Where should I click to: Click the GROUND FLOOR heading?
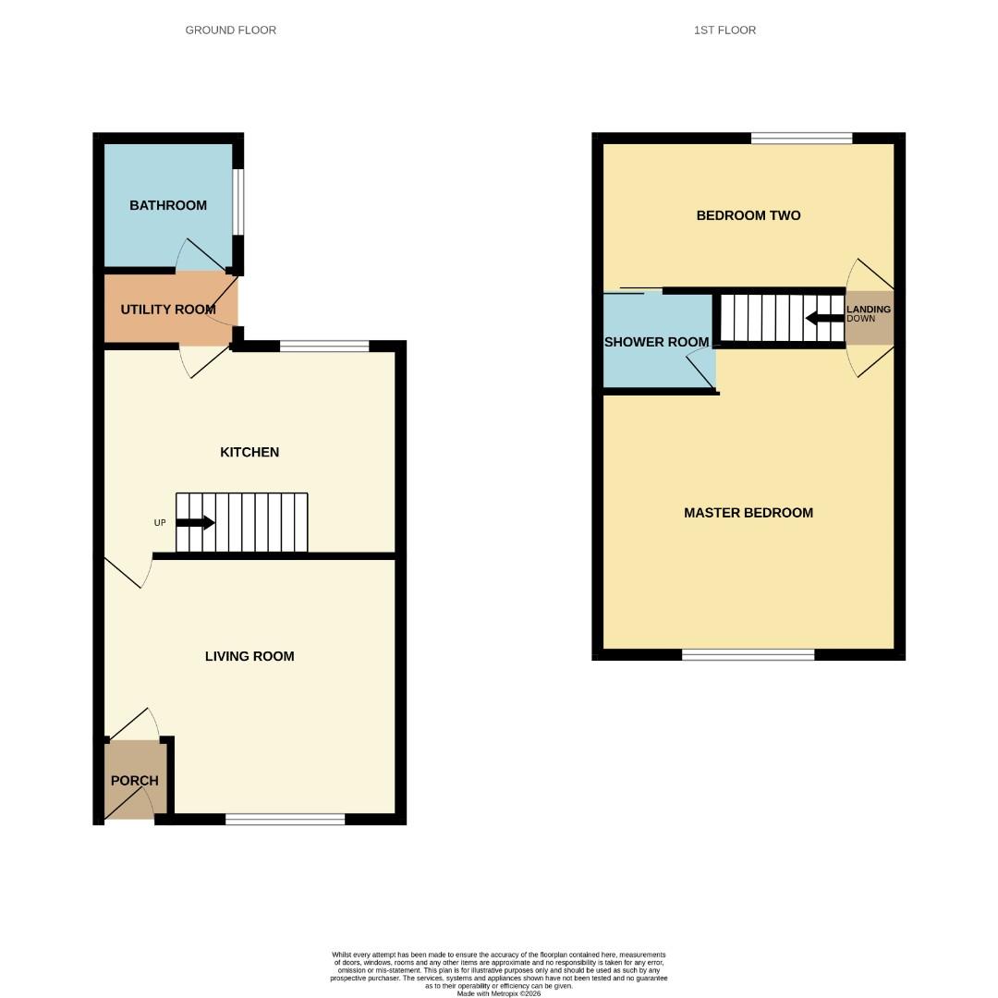point(230,30)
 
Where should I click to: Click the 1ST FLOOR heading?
point(724,30)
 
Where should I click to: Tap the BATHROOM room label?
point(168,205)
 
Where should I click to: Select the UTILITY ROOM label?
point(168,310)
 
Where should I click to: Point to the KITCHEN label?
point(249,452)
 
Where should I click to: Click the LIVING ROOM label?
point(249,656)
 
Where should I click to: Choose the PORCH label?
point(135,781)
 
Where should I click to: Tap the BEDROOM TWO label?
point(748,215)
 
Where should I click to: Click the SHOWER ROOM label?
point(656,342)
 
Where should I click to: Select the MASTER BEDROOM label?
point(748,513)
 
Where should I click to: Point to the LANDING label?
point(869,310)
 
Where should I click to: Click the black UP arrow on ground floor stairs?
point(195,523)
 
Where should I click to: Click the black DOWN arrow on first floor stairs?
point(824,319)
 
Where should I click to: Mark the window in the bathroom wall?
point(238,201)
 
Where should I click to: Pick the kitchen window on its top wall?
point(324,347)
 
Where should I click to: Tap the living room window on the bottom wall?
point(285,819)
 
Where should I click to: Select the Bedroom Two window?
point(801,139)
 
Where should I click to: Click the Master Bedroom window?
point(748,654)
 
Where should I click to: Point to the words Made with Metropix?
point(499,993)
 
